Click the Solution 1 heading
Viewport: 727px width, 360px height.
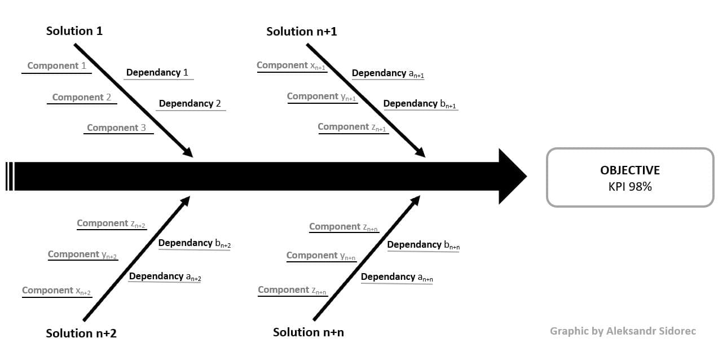coord(74,31)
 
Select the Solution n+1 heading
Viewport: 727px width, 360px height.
coord(301,31)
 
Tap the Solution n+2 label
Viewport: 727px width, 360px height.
coord(81,333)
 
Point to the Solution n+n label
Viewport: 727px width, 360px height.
coord(308,332)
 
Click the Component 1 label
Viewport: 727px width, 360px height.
coord(56,65)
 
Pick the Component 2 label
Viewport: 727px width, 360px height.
coord(81,97)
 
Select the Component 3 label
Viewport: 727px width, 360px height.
coord(116,128)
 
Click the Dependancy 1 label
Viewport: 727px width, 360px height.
coord(157,72)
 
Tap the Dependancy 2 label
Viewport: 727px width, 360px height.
coord(190,103)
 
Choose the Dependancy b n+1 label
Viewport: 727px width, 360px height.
coord(419,104)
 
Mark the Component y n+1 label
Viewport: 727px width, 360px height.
coord(321,96)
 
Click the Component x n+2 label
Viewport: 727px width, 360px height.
coord(56,291)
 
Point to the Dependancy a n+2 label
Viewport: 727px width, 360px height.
coord(165,276)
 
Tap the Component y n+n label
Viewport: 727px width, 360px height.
coord(321,256)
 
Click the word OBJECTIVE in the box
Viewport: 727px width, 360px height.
coord(629,170)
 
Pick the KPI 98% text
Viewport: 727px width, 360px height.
coord(629,187)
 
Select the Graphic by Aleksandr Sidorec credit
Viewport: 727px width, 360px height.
coord(623,331)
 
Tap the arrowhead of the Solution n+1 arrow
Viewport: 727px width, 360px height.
coord(420,152)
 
